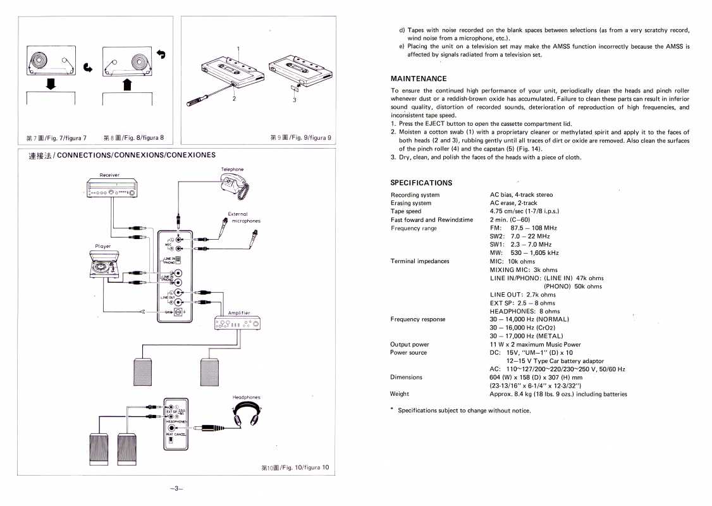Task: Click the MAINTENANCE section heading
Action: pyautogui.click(x=419, y=78)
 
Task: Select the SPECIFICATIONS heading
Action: pyautogui.click(x=421, y=183)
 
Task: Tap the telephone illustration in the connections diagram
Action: pyautogui.click(x=235, y=185)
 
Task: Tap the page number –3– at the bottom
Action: pyautogui.click(x=176, y=488)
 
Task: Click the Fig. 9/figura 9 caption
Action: pyautogui.click(x=300, y=138)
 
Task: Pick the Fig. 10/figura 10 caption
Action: pyautogui.click(x=295, y=468)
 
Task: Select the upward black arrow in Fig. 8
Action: pyautogui.click(x=126, y=83)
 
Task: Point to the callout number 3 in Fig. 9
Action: pyautogui.click(x=294, y=99)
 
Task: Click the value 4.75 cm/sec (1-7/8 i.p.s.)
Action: pyautogui.click(x=524, y=211)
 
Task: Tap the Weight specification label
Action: pyautogui.click(x=400, y=394)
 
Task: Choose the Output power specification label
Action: pyautogui.click(x=410, y=345)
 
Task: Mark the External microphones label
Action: pyautogui.click(x=244, y=218)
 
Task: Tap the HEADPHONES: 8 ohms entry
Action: pyautogui.click(x=524, y=311)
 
